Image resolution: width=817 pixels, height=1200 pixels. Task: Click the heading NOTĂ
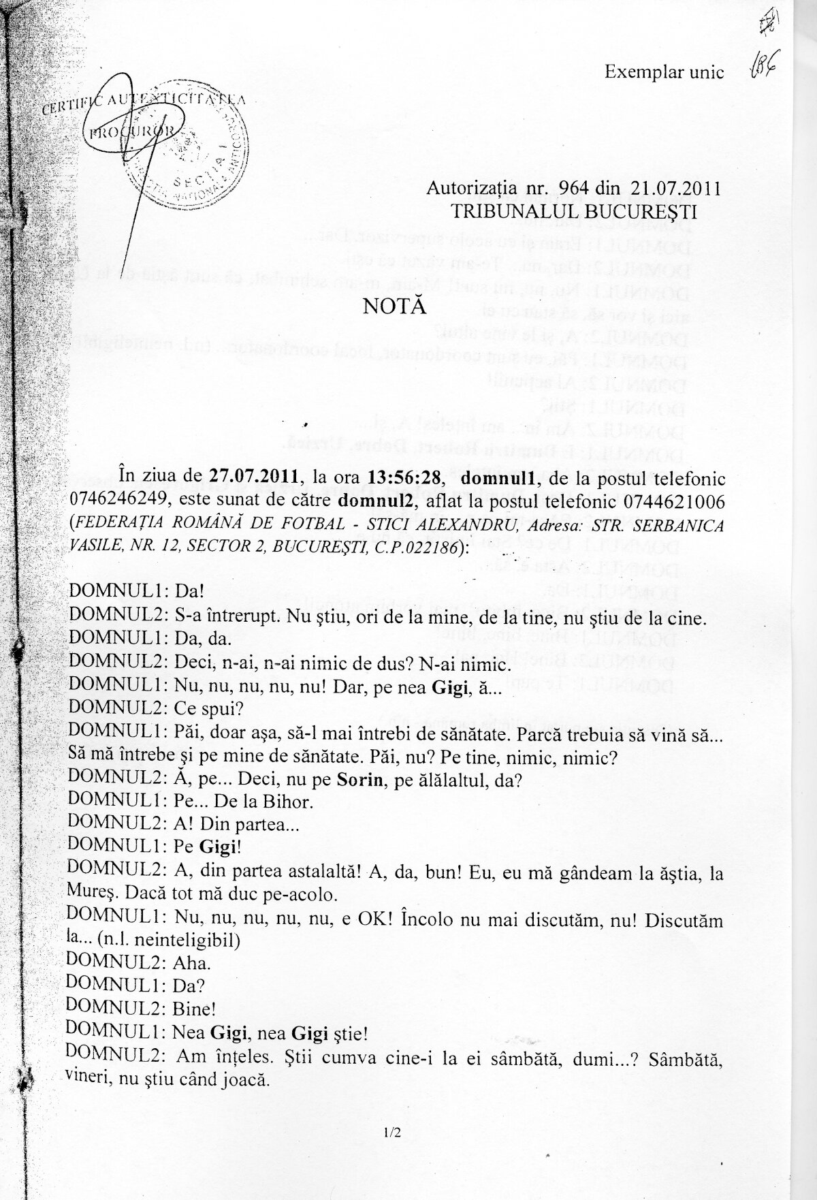(x=395, y=306)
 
